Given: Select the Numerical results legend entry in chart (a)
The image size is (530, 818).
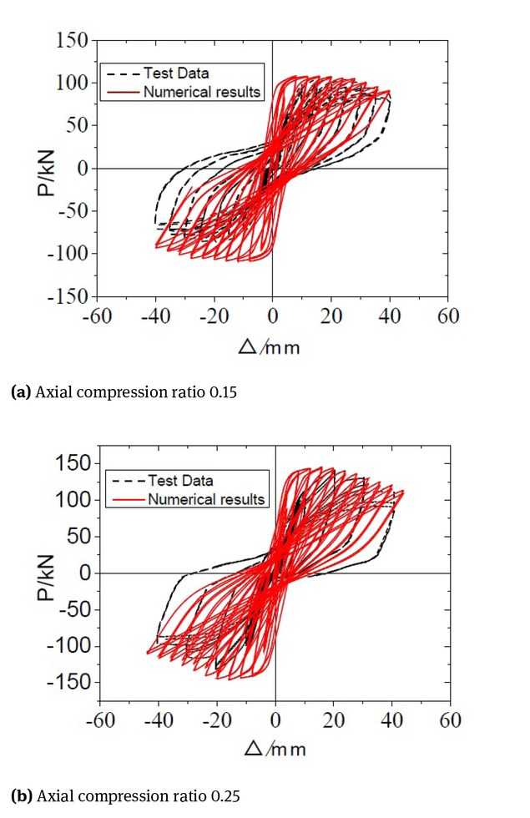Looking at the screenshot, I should [x=201, y=91].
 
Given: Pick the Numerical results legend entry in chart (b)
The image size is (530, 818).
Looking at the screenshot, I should [x=206, y=499].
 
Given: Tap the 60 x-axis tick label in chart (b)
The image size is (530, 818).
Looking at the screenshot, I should [x=451, y=720].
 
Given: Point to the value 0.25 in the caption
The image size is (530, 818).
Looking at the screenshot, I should [x=225, y=795].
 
